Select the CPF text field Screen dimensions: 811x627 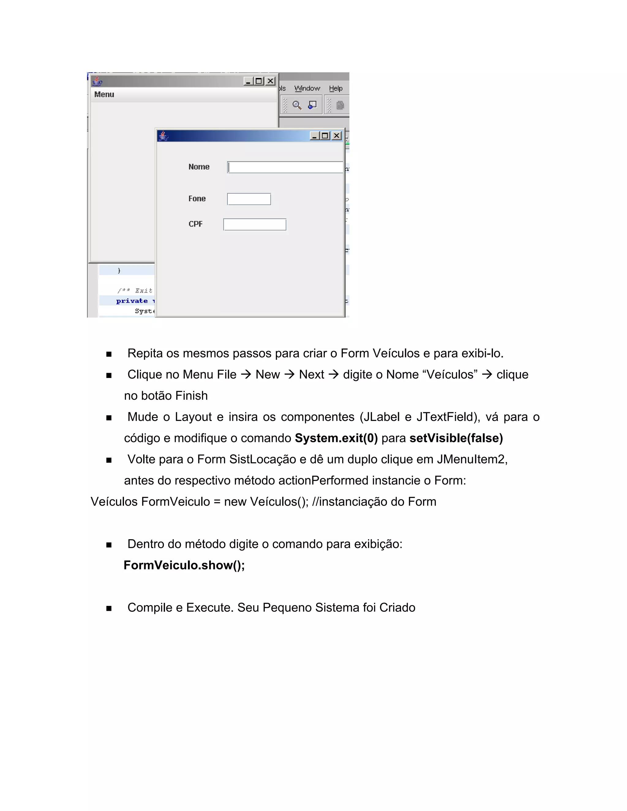coord(254,225)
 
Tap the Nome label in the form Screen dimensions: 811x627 coord(199,167)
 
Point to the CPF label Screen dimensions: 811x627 coord(195,224)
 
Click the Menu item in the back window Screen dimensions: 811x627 coord(104,95)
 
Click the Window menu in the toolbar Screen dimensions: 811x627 coord(307,88)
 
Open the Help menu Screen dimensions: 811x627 coord(336,88)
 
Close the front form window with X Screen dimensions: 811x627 coord(336,136)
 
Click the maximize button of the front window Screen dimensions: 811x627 coord(325,136)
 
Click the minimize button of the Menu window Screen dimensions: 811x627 coord(248,81)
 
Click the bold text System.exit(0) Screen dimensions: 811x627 coord(336,438)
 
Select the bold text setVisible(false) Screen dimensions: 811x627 coord(456,438)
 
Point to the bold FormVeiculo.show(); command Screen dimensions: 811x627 coord(184,565)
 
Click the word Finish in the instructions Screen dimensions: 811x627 coord(191,396)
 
